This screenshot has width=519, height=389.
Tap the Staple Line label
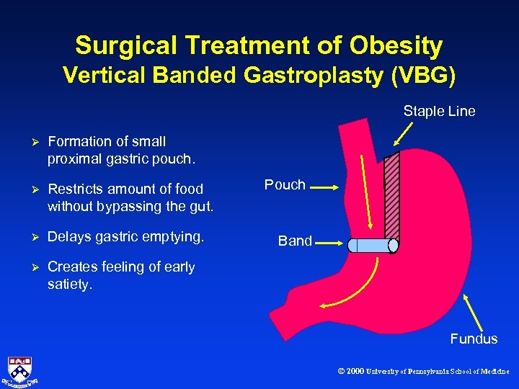click(x=439, y=111)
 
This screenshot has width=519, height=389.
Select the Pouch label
click(x=285, y=185)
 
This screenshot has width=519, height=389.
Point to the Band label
click(x=295, y=241)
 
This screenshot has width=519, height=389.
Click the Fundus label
click(x=474, y=339)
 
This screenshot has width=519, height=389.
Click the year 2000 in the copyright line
click(x=355, y=372)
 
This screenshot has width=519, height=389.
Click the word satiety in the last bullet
click(x=69, y=284)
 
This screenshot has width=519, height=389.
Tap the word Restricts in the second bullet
click(x=76, y=189)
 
